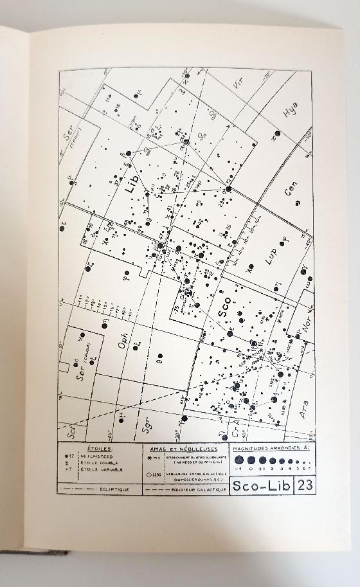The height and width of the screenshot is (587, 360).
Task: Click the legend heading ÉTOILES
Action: point(100,449)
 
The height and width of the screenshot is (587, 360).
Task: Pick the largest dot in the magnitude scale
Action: point(240,460)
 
